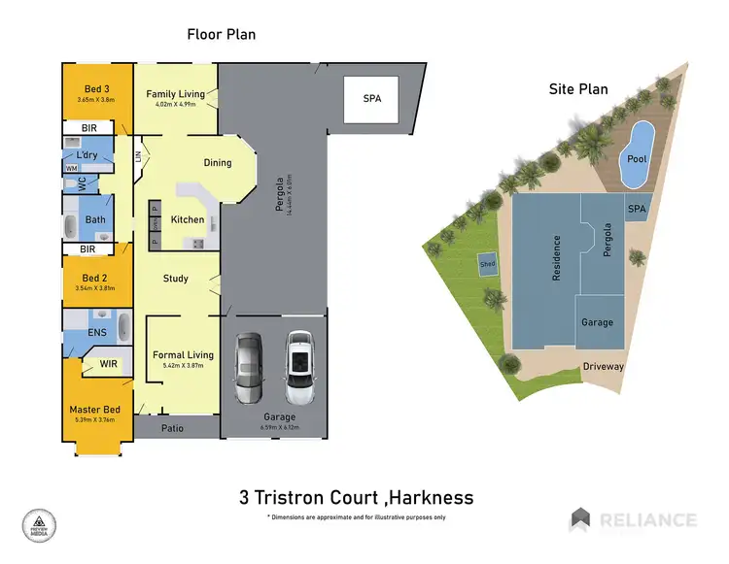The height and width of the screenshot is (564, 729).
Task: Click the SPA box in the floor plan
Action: pos(371,100)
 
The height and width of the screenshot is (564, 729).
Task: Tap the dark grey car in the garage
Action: pos(249,368)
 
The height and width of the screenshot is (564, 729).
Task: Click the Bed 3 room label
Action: pos(95,89)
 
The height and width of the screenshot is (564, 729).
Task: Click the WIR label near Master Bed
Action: pos(110,366)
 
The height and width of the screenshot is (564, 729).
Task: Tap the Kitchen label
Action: pos(188,220)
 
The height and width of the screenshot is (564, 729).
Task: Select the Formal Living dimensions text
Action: pos(183,366)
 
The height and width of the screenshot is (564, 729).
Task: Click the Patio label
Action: pos(172,427)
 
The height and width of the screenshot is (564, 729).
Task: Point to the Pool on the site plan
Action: pos(637,158)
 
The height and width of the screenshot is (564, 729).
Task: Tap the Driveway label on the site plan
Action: pos(603,366)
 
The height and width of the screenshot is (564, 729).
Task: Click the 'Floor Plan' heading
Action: pos(221,34)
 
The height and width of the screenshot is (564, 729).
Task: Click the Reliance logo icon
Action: pos(580,518)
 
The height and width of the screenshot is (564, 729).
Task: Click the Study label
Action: pos(175,279)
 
